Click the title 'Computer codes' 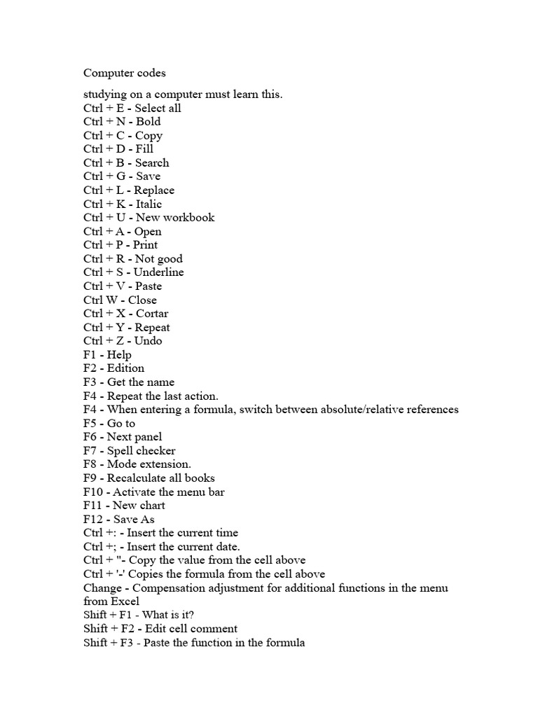click(125, 73)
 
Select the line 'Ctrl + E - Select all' click(132, 108)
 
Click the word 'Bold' click(148, 122)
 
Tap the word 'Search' click(152, 162)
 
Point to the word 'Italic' click(149, 204)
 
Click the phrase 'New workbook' click(175, 217)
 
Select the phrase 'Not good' click(159, 258)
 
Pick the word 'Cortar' click(152, 313)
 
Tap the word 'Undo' click(149, 340)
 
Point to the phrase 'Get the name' click(141, 382)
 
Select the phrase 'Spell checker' click(141, 450)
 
